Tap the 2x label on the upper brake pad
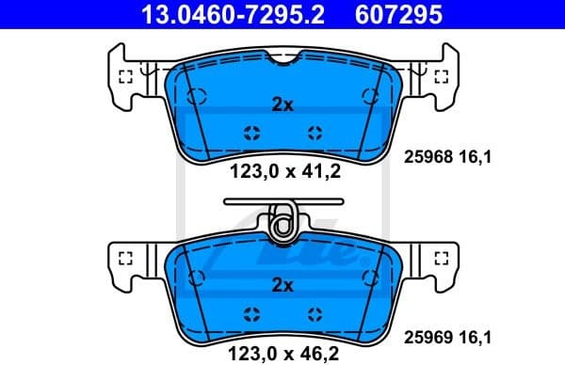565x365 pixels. point(282,105)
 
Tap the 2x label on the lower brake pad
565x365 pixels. point(282,285)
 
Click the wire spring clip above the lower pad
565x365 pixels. point(282,220)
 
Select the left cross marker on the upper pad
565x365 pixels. point(250,133)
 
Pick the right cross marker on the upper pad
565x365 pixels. point(315,133)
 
